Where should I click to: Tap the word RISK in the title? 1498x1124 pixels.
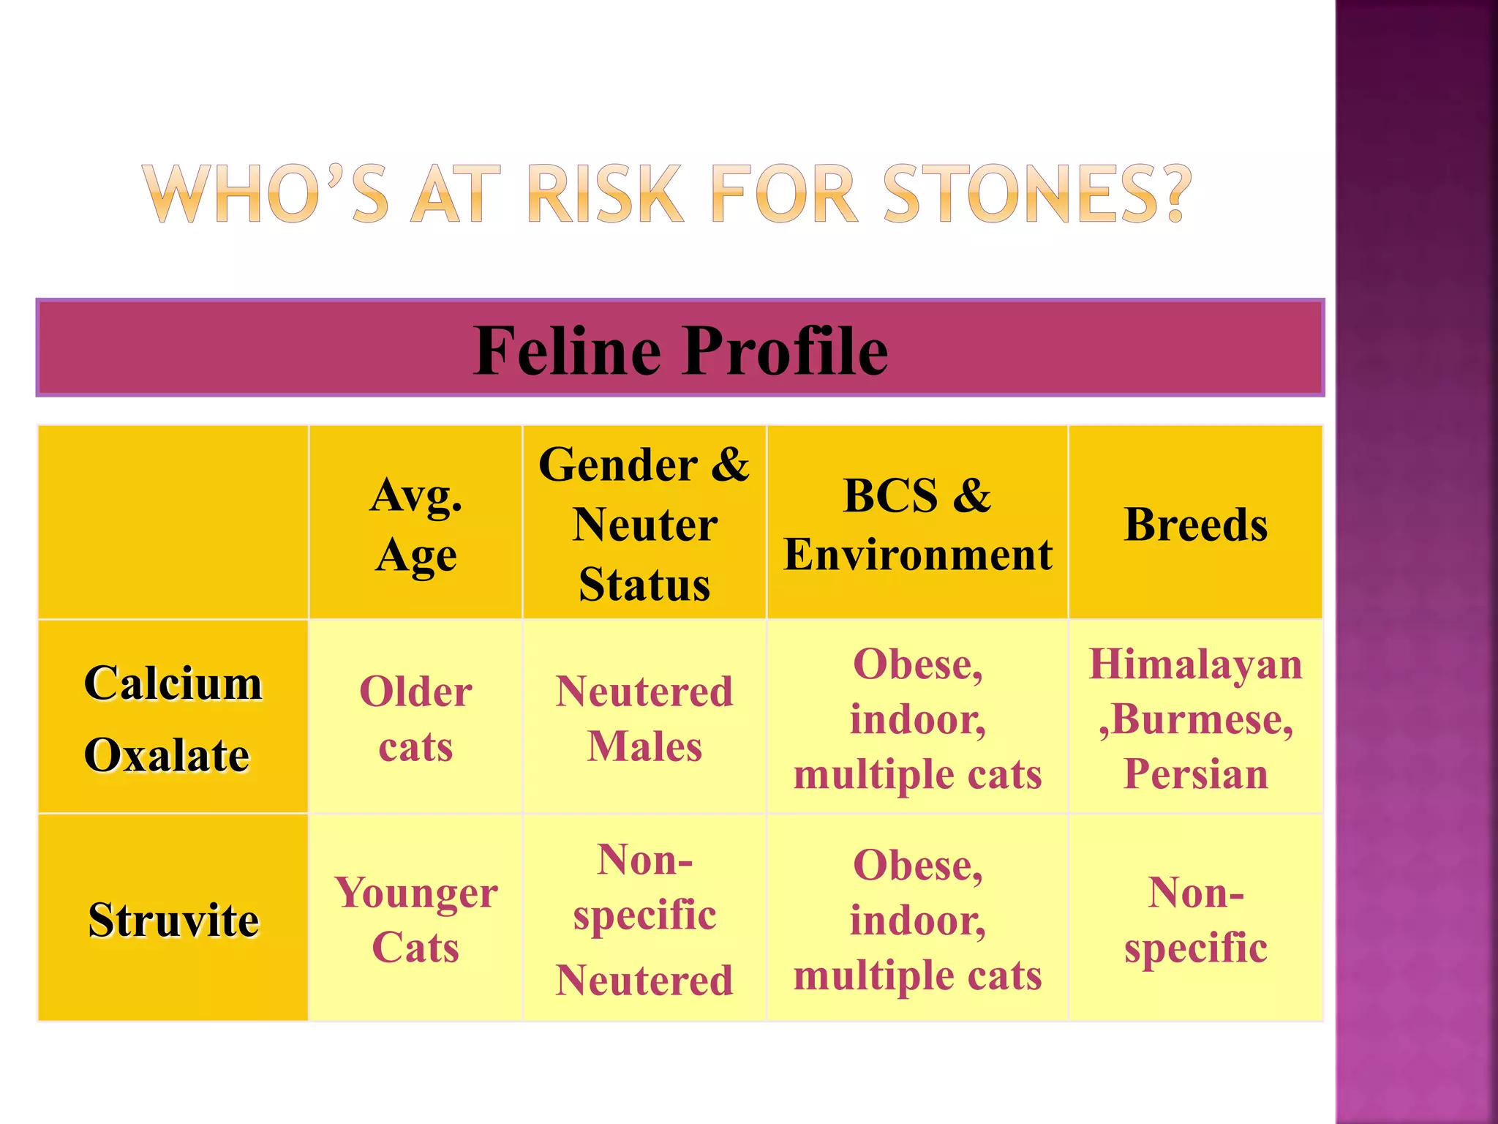pos(605,194)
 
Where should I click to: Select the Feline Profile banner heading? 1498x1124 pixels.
pos(680,351)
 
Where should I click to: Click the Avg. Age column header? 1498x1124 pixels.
pos(415,525)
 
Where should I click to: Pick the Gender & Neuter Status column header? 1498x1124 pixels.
pos(644,525)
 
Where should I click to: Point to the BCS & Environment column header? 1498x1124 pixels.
pos(917,525)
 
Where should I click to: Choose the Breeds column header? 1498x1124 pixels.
pos(1195,525)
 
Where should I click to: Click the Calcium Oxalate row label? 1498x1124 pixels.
pos(173,719)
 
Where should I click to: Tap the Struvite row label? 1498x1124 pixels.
pos(173,920)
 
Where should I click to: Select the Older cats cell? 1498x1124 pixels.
pos(415,719)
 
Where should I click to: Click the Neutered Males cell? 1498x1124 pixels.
pos(644,719)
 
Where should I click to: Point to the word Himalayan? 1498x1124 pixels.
pos(1195,664)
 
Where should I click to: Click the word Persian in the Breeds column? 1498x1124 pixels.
pos(1195,773)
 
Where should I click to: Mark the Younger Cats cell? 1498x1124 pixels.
pos(415,920)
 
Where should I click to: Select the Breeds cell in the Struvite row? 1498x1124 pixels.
pos(1195,920)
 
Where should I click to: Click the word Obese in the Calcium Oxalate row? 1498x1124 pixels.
pos(917,664)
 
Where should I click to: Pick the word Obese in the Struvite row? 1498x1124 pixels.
pos(917,865)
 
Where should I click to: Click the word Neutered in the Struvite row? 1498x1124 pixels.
pos(644,980)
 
